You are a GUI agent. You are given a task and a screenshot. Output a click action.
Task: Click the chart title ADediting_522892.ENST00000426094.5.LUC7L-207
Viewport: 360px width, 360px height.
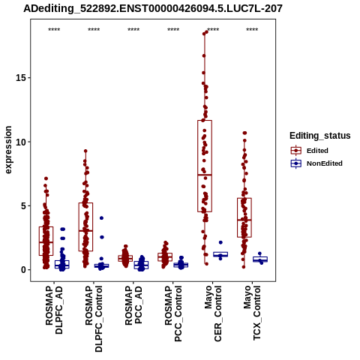(153, 9)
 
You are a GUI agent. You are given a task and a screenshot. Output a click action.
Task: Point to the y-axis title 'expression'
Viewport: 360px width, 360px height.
(8, 150)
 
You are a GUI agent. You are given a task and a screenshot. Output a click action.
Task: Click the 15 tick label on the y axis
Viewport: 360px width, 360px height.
(21, 78)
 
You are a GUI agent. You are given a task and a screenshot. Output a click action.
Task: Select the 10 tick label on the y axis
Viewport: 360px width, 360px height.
(21, 142)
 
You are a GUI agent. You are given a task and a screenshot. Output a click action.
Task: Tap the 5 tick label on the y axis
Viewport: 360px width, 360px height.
(23, 206)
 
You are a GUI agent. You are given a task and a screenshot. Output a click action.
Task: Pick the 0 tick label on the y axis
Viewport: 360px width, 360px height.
(23, 270)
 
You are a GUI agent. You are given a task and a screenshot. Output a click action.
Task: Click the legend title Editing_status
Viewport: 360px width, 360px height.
(320, 136)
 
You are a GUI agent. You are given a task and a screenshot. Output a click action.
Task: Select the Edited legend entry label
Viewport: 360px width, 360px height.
(317, 151)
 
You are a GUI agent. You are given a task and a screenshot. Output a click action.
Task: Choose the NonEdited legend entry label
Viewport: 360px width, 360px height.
(325, 163)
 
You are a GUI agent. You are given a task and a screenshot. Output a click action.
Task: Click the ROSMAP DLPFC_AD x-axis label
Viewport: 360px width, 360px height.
(54, 310)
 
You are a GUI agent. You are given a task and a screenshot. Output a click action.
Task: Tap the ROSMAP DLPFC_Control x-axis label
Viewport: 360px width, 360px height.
(94, 319)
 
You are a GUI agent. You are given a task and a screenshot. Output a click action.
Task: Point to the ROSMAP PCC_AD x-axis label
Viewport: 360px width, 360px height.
(133, 305)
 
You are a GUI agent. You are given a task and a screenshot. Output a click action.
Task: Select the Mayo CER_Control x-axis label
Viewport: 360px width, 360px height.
(213, 313)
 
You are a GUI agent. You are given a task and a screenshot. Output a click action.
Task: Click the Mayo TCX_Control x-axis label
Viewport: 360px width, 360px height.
(252, 313)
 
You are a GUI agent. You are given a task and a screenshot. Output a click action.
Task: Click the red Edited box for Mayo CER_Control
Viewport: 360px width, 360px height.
(205, 166)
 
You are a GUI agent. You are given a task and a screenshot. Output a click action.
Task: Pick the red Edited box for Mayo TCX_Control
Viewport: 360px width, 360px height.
(244, 217)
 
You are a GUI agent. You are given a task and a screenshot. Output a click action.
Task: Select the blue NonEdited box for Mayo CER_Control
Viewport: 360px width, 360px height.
(220, 254)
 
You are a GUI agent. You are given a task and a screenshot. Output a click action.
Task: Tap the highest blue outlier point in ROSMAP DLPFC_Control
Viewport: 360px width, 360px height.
(101, 218)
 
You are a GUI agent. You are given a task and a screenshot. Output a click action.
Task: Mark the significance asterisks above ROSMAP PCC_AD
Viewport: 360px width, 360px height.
(133, 30)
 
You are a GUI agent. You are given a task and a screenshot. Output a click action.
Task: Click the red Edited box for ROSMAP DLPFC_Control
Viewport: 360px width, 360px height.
(85, 227)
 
